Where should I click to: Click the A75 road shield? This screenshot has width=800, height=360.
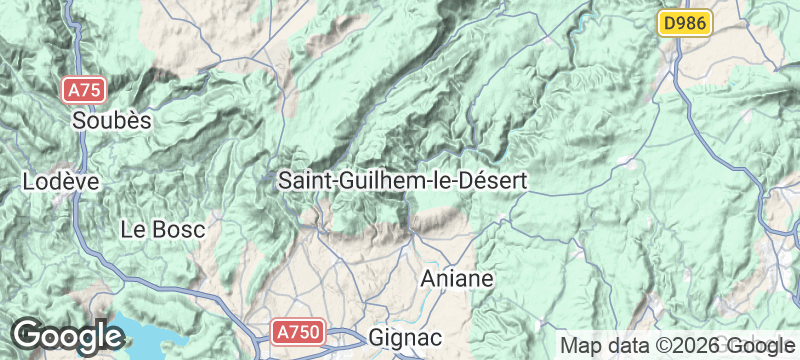(x=85, y=90)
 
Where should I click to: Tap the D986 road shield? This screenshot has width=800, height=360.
(x=685, y=23)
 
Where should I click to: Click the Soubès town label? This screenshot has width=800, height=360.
(x=112, y=120)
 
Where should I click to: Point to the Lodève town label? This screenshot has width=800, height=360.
(x=61, y=182)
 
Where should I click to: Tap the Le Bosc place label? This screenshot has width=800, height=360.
(x=162, y=229)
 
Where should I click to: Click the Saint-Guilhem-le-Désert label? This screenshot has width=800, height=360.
(x=402, y=181)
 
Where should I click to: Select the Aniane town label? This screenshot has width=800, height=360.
(x=458, y=278)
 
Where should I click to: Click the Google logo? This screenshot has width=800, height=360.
(x=67, y=335)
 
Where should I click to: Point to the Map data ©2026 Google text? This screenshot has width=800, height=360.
(x=676, y=345)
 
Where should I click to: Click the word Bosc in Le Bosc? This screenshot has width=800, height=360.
(x=179, y=229)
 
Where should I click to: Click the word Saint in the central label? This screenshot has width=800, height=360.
(x=303, y=181)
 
